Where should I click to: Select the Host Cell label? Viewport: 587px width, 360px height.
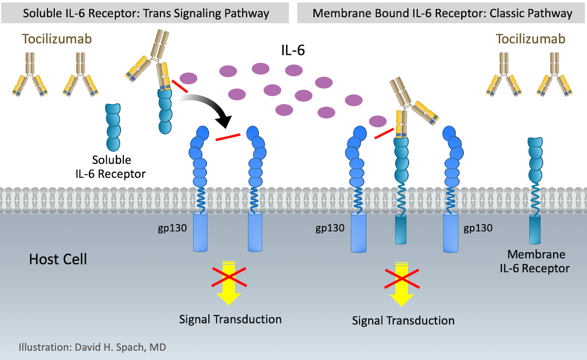tap(58, 259)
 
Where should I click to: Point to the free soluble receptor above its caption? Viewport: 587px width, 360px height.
tap(113, 127)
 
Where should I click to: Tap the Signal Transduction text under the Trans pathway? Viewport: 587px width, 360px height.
tap(230, 320)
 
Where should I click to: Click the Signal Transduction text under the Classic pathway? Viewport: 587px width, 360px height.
tap(403, 321)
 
